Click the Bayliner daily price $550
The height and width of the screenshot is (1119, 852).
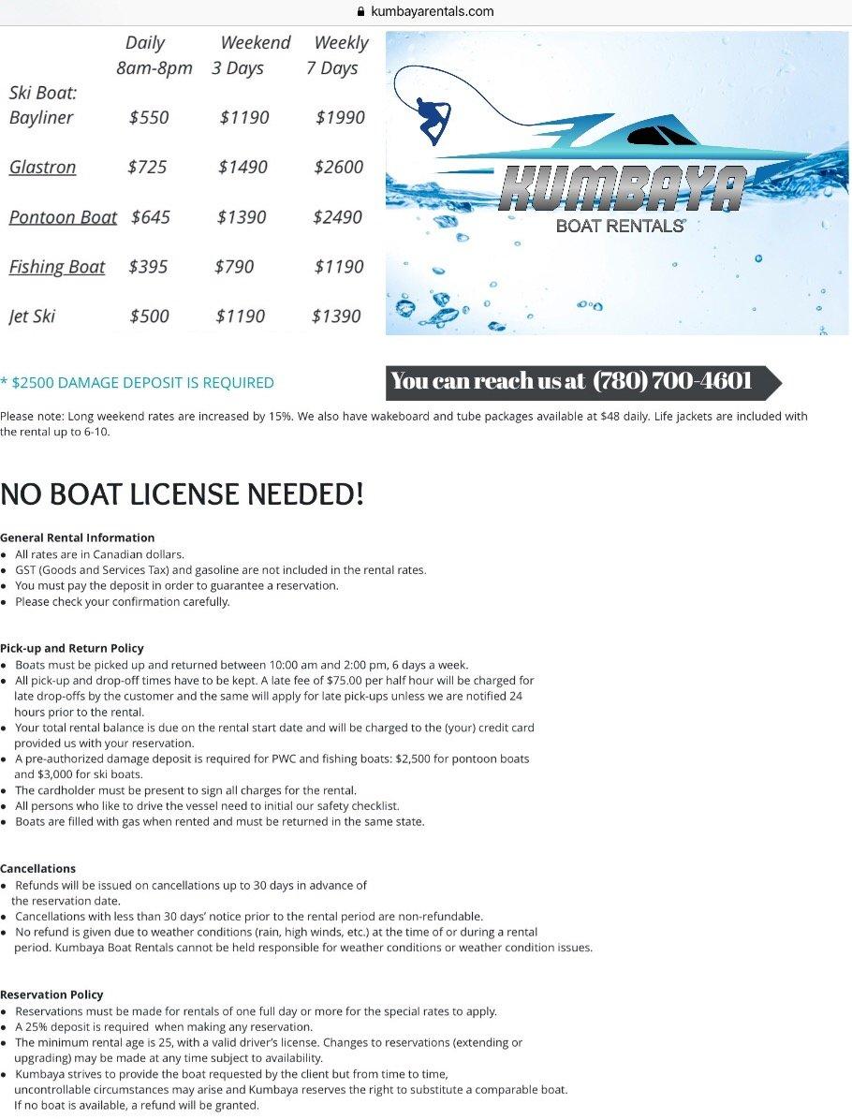tap(149, 118)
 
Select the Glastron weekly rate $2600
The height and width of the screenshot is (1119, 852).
tap(338, 168)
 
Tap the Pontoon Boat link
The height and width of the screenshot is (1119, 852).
tap(63, 217)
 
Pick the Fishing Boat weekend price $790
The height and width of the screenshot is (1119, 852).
tap(234, 267)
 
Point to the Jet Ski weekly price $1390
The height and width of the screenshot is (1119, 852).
tap(336, 317)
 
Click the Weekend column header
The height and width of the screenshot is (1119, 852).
tap(256, 43)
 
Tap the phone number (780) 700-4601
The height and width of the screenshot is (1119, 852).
tap(672, 381)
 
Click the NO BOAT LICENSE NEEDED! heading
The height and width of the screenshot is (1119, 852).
tap(182, 493)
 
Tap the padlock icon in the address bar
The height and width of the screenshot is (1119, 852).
tap(360, 12)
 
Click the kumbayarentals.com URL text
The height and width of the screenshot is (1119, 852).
tap(432, 12)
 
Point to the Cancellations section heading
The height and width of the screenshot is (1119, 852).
tap(38, 869)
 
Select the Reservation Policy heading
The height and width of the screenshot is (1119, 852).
tap(51, 994)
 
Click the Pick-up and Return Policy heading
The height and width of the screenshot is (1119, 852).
tap(72, 648)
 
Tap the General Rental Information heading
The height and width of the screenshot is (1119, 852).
tap(78, 537)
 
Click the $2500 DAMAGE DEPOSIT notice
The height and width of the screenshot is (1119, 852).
tap(138, 383)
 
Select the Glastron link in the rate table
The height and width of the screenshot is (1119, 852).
tap(42, 168)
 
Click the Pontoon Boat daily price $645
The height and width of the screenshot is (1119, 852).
tap(151, 217)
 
